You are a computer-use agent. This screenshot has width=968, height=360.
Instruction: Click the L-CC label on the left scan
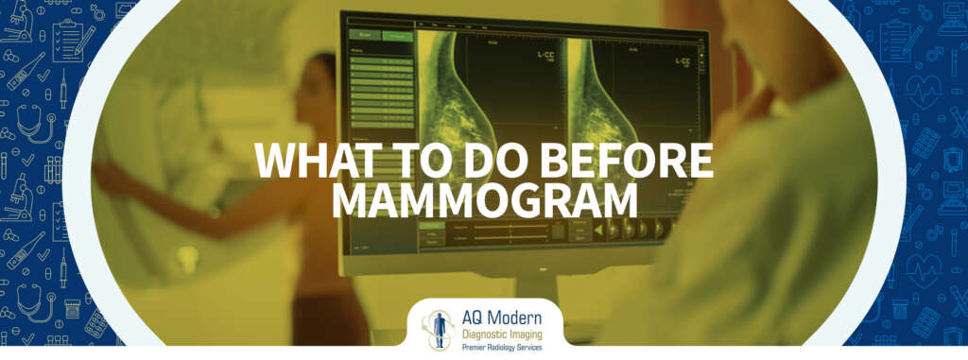coord(546,59)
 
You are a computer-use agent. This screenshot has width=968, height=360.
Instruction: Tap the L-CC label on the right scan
coord(683,62)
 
